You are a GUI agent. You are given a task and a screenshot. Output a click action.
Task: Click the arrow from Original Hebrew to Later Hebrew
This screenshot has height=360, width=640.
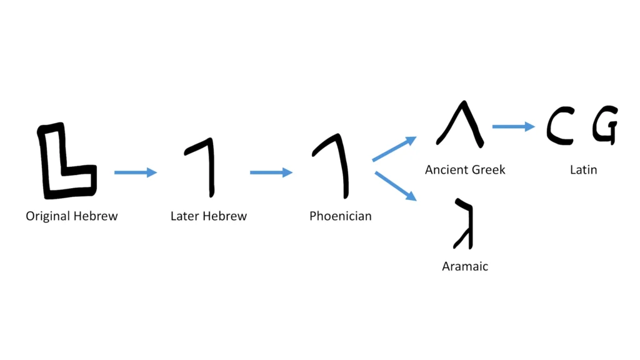[x=136, y=172]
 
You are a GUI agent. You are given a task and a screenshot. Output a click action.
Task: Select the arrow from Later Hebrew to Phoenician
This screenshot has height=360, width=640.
[x=271, y=172]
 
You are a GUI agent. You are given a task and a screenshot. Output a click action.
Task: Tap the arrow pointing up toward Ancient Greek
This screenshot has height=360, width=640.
[x=394, y=149]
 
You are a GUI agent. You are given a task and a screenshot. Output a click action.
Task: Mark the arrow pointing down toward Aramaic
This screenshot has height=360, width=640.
[x=396, y=186]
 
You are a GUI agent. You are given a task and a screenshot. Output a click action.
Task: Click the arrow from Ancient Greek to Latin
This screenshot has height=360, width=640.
[x=514, y=126]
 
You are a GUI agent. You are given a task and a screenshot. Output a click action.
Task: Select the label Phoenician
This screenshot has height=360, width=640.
[x=341, y=216]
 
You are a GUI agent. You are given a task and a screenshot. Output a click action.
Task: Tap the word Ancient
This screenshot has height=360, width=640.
[x=446, y=169]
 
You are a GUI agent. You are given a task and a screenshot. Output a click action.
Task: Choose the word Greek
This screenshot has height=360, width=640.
[x=488, y=169]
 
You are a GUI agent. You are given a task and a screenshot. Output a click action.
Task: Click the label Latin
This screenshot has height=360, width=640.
[x=584, y=169]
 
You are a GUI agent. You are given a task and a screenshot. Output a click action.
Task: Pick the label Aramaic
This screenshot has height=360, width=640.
[x=465, y=266]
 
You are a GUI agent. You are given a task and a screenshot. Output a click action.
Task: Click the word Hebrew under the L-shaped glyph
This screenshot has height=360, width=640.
[x=96, y=216]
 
